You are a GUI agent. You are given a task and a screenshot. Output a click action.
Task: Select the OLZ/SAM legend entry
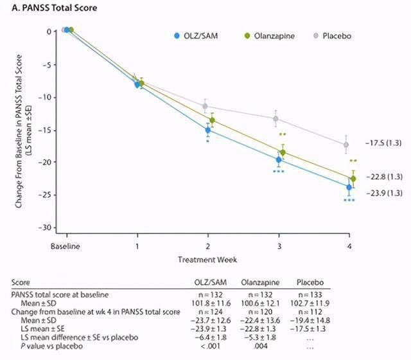point(198,37)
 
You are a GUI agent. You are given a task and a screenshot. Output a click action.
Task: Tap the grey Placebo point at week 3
point(276,118)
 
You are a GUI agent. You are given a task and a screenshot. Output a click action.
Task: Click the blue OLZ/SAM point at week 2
point(208,130)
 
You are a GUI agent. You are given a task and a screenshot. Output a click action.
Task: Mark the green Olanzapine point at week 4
point(353,179)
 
